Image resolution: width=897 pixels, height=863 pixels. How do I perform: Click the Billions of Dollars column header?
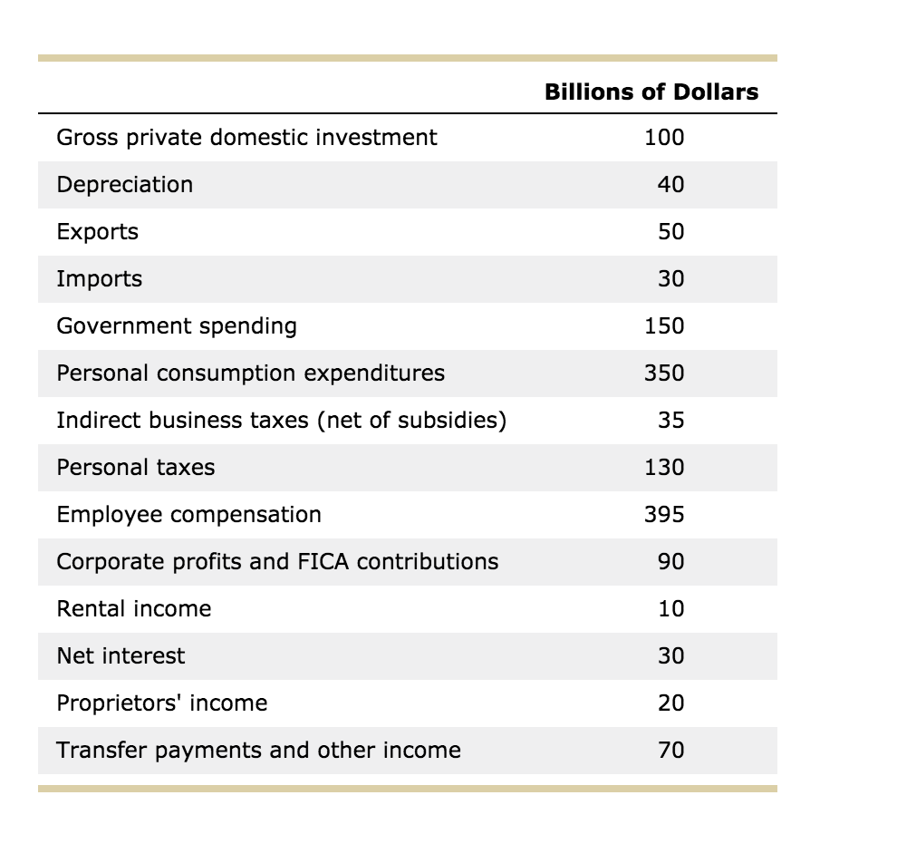click(x=651, y=92)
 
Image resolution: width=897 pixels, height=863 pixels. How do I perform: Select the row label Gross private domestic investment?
click(x=246, y=138)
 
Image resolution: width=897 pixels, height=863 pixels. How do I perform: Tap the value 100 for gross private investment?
click(x=664, y=138)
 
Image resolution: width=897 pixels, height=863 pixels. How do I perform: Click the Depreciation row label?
click(x=124, y=185)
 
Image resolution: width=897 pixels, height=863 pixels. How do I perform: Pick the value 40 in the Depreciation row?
click(x=670, y=185)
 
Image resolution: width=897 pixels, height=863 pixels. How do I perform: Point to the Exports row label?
click(x=97, y=232)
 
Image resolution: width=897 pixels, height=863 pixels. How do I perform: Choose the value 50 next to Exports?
click(x=670, y=232)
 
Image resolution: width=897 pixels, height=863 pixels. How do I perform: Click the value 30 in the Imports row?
click(x=670, y=279)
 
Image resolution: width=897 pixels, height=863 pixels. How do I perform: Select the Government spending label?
click(x=176, y=326)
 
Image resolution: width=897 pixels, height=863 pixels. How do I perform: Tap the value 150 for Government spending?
click(x=664, y=326)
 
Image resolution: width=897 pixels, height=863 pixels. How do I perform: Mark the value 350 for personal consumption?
click(x=664, y=373)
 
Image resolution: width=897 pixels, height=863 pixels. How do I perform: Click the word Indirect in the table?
click(x=91, y=421)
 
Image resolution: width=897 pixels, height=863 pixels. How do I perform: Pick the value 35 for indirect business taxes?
click(x=670, y=421)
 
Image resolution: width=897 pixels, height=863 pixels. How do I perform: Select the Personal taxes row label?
click(x=136, y=468)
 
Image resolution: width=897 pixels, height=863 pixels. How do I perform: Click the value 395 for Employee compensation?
click(x=664, y=515)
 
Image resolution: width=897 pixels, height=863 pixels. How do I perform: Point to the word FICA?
click(x=323, y=562)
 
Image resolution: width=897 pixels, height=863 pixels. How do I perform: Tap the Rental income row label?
click(x=133, y=609)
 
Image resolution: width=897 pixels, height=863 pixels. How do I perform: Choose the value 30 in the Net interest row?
click(x=670, y=656)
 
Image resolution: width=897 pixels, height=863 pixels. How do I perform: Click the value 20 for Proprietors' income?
click(x=670, y=703)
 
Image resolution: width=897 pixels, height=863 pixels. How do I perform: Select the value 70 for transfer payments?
click(x=670, y=751)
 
